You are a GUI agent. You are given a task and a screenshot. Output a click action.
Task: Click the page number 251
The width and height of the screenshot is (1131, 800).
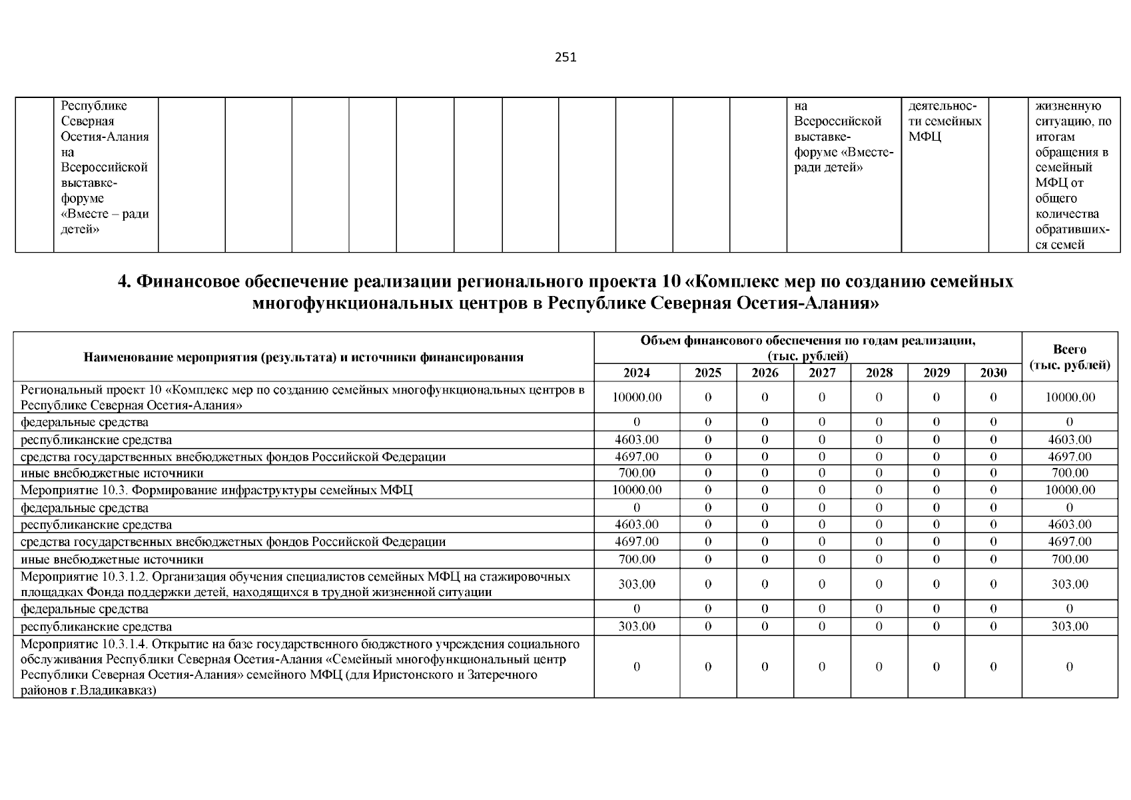[565, 57]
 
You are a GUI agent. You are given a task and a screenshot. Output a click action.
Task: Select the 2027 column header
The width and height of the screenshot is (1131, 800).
[822, 373]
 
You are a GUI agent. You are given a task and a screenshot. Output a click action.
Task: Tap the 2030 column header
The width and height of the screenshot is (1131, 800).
[993, 373]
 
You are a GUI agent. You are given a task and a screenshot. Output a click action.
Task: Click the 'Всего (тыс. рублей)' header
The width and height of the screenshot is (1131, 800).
[1070, 357]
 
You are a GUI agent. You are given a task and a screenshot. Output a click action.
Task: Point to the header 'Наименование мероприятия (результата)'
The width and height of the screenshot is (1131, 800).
[303, 357]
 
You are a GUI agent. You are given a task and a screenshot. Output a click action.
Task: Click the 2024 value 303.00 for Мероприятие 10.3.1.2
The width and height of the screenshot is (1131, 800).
[637, 584]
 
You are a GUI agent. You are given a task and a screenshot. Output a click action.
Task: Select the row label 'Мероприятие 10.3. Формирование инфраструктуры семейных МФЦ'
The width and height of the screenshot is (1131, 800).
[216, 490]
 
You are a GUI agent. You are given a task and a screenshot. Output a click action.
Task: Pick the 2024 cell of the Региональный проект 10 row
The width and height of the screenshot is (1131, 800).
[637, 397]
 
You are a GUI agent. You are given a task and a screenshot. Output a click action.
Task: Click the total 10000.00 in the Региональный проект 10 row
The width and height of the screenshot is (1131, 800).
[1070, 397]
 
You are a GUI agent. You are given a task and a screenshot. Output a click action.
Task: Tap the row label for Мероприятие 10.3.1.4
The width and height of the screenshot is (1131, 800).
[300, 667]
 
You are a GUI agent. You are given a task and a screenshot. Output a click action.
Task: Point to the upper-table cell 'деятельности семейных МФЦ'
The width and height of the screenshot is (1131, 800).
[944, 121]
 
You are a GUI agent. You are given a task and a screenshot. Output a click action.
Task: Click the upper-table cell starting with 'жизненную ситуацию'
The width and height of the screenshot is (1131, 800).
[1072, 175]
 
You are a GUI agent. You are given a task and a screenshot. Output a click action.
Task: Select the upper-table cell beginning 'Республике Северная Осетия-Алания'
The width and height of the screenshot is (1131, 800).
[105, 167]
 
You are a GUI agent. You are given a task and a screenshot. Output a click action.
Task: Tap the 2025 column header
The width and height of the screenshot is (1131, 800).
[707, 373]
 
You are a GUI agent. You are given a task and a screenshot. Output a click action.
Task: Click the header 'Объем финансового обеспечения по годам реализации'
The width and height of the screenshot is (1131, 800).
[807, 347]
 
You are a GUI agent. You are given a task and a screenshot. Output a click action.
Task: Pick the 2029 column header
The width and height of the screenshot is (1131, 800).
[936, 373]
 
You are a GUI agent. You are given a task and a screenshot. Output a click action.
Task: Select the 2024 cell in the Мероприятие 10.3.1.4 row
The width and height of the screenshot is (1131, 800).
[637, 667]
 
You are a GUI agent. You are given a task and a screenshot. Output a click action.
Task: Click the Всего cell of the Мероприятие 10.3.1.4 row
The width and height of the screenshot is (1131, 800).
[1070, 667]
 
